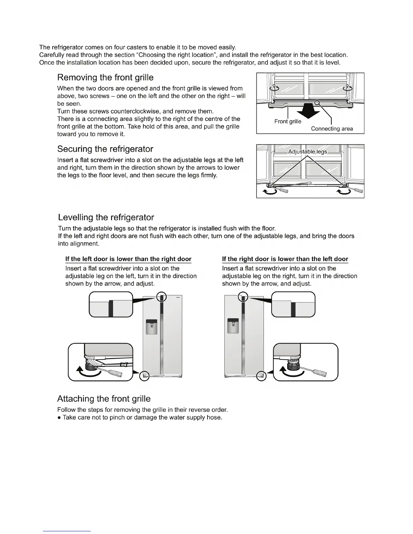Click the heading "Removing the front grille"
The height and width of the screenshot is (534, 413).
pyautogui.click(x=105, y=78)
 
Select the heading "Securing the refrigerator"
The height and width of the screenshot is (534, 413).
pyautogui.click(x=105, y=149)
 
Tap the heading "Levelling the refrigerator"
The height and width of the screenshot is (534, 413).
pyautogui.click(x=106, y=217)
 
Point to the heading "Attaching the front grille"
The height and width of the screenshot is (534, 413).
pyautogui.click(x=104, y=399)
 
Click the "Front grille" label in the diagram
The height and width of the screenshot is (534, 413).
pyautogui.click(x=288, y=121)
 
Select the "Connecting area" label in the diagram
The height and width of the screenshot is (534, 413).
pyautogui.click(x=332, y=129)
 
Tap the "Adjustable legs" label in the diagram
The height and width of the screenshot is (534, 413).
pyautogui.click(x=307, y=152)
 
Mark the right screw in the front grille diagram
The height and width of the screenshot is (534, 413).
pyautogui.click(x=346, y=88)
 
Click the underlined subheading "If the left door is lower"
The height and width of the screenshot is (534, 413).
pyautogui.click(x=128, y=259)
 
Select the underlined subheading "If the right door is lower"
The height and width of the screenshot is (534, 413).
pyautogui.click(x=285, y=259)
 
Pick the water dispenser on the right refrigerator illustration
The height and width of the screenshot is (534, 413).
pyautogui.click(x=233, y=326)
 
